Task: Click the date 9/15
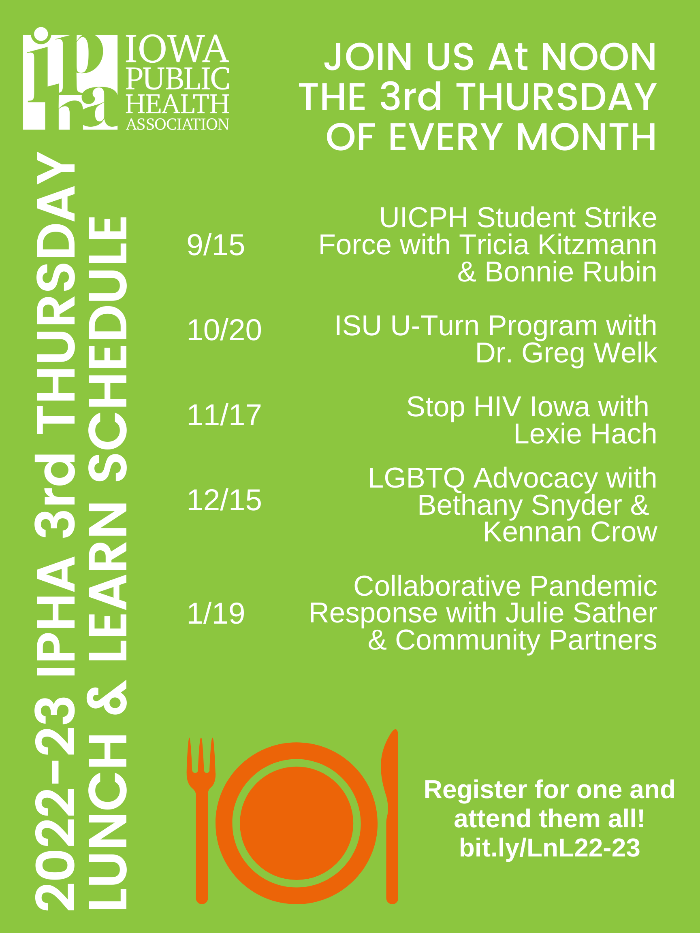pyautogui.click(x=216, y=245)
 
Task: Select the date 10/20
pyautogui.click(x=224, y=330)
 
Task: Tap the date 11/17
pyautogui.click(x=224, y=415)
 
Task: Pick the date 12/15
pyautogui.click(x=224, y=500)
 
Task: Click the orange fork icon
pyautogui.click(x=202, y=820)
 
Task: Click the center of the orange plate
pyautogui.click(x=297, y=823)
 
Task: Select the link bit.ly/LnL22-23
pyautogui.click(x=549, y=848)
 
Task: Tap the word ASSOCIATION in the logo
pyautogui.click(x=177, y=124)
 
